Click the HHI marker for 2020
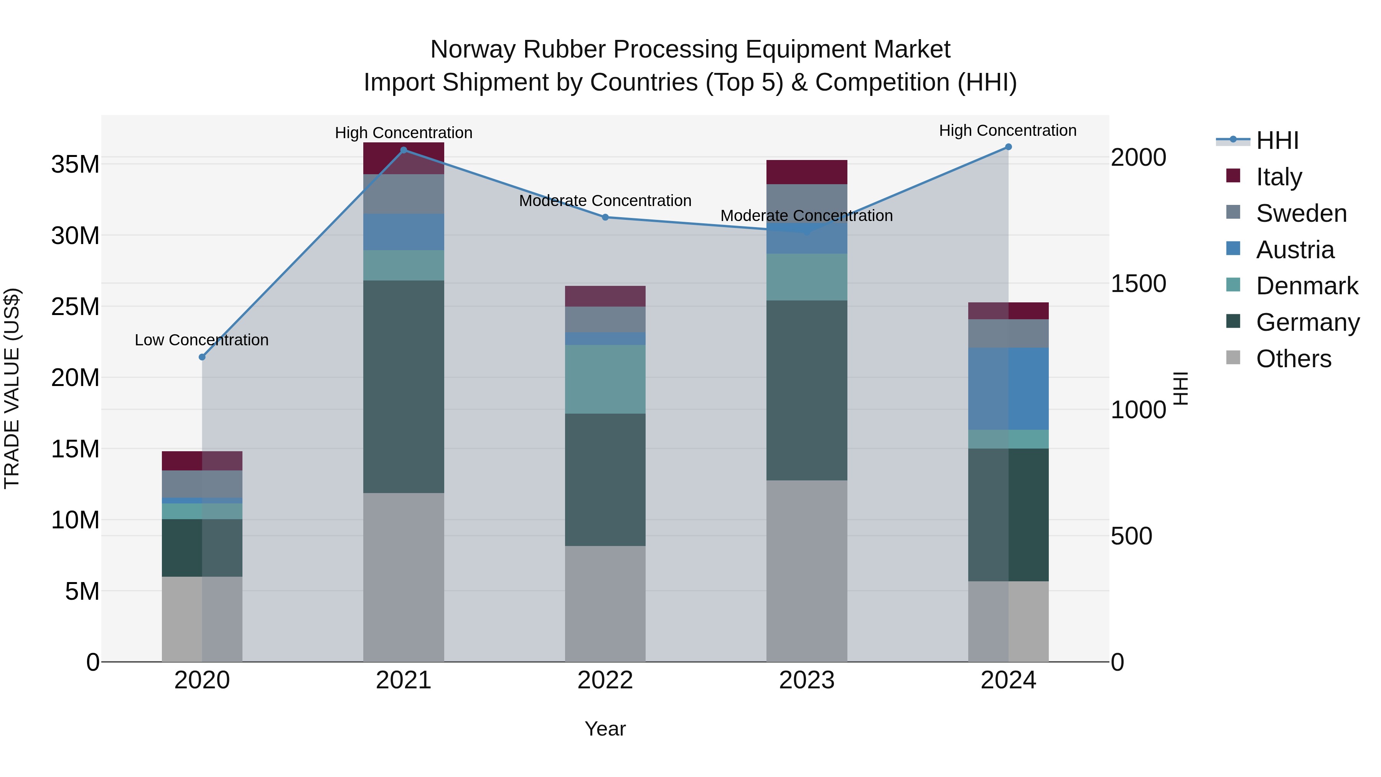click(202, 357)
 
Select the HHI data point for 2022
click(605, 217)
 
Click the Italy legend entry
click(1279, 177)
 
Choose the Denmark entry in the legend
click(1307, 286)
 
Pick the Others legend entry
click(1293, 359)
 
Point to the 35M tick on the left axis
click(75, 164)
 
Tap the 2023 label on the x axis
click(807, 680)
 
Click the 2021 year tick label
click(404, 680)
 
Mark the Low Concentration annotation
click(201, 340)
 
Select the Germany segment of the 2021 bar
click(404, 386)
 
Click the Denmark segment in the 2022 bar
click(605, 379)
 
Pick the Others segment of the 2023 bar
click(807, 571)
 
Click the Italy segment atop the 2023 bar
click(807, 172)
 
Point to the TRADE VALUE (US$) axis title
click(12, 388)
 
